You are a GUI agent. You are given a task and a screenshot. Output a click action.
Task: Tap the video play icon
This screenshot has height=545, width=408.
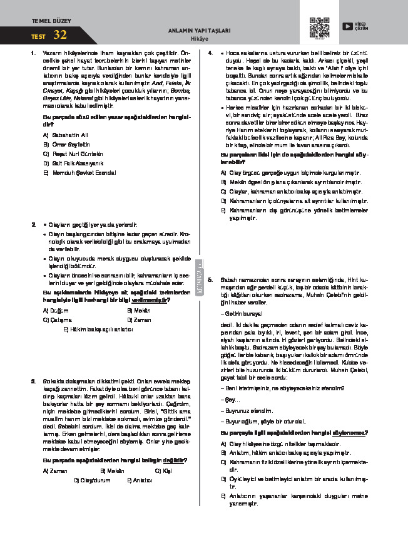pos(347,26)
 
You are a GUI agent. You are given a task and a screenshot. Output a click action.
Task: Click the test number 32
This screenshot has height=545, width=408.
pos(60,34)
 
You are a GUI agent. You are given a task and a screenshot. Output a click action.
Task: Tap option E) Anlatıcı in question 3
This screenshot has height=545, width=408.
pos(140,480)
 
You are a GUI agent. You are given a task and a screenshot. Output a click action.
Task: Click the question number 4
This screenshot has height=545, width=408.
pos(211,53)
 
